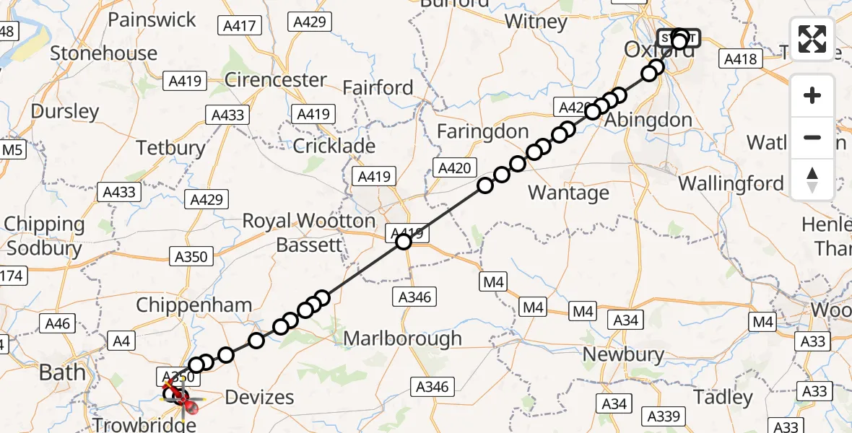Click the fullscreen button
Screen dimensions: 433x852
click(x=812, y=39)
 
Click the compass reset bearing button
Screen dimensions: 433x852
click(x=812, y=180)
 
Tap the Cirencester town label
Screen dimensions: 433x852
click(x=276, y=79)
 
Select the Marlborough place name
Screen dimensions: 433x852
click(x=402, y=338)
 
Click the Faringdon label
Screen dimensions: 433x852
click(x=483, y=131)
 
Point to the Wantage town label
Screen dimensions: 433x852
click(x=569, y=193)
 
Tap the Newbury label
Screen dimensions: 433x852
click(x=623, y=354)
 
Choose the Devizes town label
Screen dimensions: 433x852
click(x=260, y=397)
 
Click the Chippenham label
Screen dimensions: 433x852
click(x=194, y=305)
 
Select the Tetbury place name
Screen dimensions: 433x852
click(x=171, y=148)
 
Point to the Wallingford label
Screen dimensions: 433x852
click(x=731, y=183)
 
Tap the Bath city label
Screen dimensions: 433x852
click(x=62, y=372)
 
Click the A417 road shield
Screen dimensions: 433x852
click(x=240, y=27)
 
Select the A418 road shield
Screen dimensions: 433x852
click(x=742, y=59)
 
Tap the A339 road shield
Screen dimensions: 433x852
click(x=664, y=416)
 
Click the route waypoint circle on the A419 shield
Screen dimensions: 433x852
click(x=404, y=242)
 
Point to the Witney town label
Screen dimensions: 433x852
click(x=536, y=22)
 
